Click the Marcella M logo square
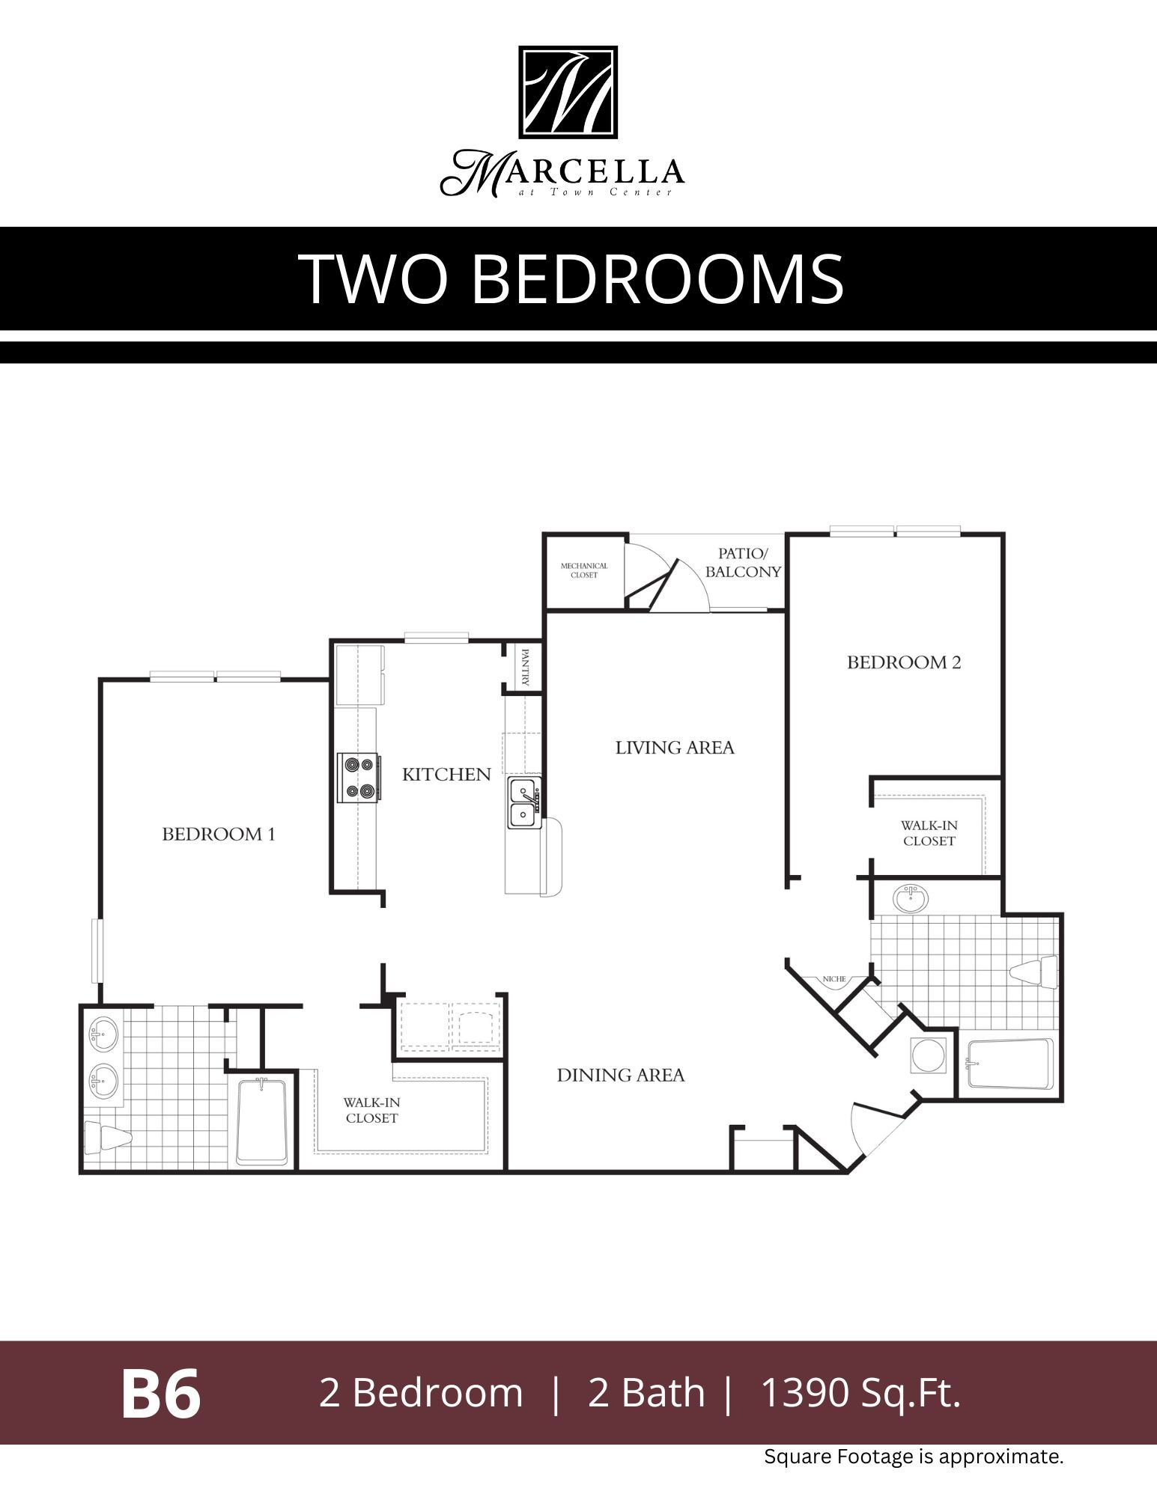click(x=568, y=93)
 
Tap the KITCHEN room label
click(x=446, y=775)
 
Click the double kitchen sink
click(x=523, y=802)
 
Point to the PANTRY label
click(x=525, y=667)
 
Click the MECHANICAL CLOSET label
click(x=584, y=570)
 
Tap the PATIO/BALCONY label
click(x=743, y=562)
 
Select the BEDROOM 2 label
click(x=904, y=662)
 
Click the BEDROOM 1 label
click(x=219, y=834)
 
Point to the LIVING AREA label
click(x=675, y=748)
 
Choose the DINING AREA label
click(x=620, y=1076)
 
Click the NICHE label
click(x=833, y=979)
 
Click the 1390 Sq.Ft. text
click(x=860, y=1394)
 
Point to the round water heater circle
click(x=929, y=1055)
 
